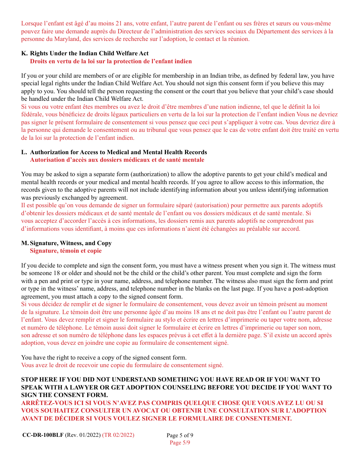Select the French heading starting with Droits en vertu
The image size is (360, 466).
coord(111,61)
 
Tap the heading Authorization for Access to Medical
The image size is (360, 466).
coord(118,152)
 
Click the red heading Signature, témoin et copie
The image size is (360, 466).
coord(66,251)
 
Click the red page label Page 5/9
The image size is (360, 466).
coord(180,443)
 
